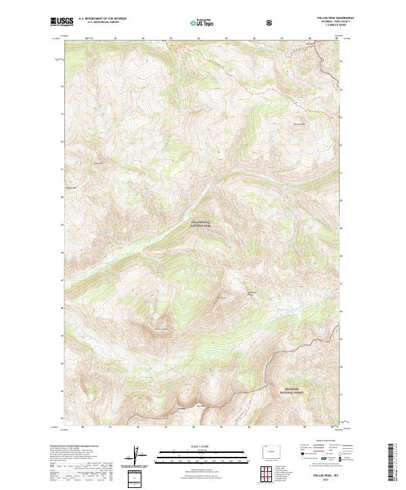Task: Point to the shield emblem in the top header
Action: coord(271,22)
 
